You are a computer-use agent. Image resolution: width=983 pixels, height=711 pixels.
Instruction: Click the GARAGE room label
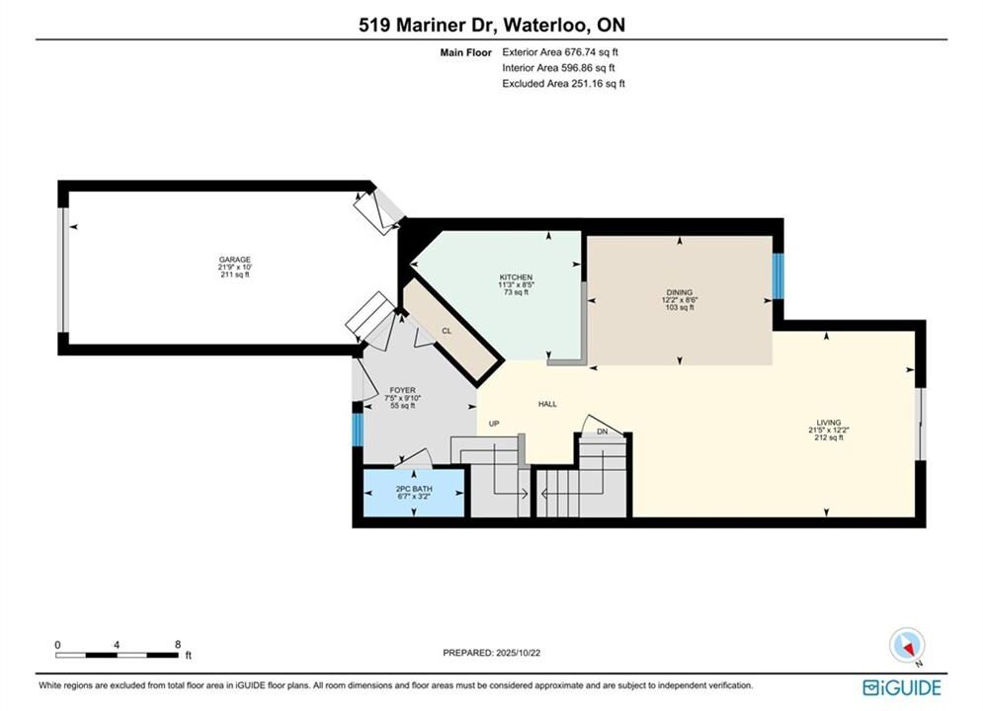pos(234,260)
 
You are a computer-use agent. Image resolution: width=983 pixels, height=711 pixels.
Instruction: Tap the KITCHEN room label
pos(516,276)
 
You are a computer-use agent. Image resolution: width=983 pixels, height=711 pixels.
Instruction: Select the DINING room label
pos(680,292)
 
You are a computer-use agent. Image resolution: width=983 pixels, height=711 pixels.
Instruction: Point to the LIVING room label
pos(828,423)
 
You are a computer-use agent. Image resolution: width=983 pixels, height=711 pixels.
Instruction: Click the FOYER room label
pos(402,390)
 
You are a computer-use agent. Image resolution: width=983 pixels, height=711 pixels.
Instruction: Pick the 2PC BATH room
pos(414,493)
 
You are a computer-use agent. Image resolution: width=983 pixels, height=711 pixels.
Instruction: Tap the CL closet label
pos(447,331)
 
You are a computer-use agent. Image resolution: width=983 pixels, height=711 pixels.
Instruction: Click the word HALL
pos(547,404)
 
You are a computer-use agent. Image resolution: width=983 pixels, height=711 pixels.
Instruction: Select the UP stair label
pos(494,424)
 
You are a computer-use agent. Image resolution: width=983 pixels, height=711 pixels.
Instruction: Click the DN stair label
pos(602,431)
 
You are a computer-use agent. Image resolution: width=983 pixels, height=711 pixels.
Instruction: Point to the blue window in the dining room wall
pos(778,276)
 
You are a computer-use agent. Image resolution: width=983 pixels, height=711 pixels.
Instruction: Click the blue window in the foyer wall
pos(358,430)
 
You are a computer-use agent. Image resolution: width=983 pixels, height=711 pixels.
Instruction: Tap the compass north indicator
pos(907,645)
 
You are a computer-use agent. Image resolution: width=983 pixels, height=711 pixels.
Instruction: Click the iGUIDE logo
pos(902,687)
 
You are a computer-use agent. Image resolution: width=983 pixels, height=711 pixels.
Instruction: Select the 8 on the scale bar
pos(178,644)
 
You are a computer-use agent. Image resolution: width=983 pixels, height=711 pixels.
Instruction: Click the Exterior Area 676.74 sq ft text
pos(560,52)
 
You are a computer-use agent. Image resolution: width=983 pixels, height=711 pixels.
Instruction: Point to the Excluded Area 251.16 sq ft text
pos(563,83)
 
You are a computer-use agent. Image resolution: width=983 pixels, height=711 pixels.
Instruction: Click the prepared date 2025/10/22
pos(518,652)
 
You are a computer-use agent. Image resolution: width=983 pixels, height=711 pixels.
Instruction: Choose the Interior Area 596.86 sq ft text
pos(558,68)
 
